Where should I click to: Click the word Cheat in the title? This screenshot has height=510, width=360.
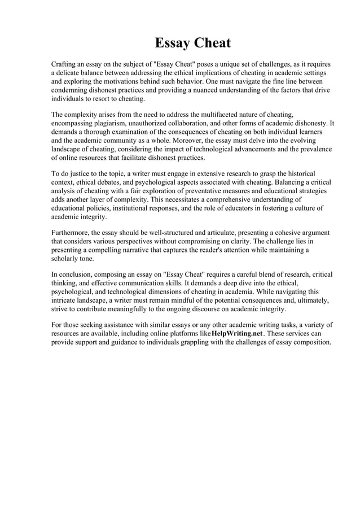click(x=213, y=43)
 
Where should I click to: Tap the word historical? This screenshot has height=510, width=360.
click(x=298, y=172)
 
